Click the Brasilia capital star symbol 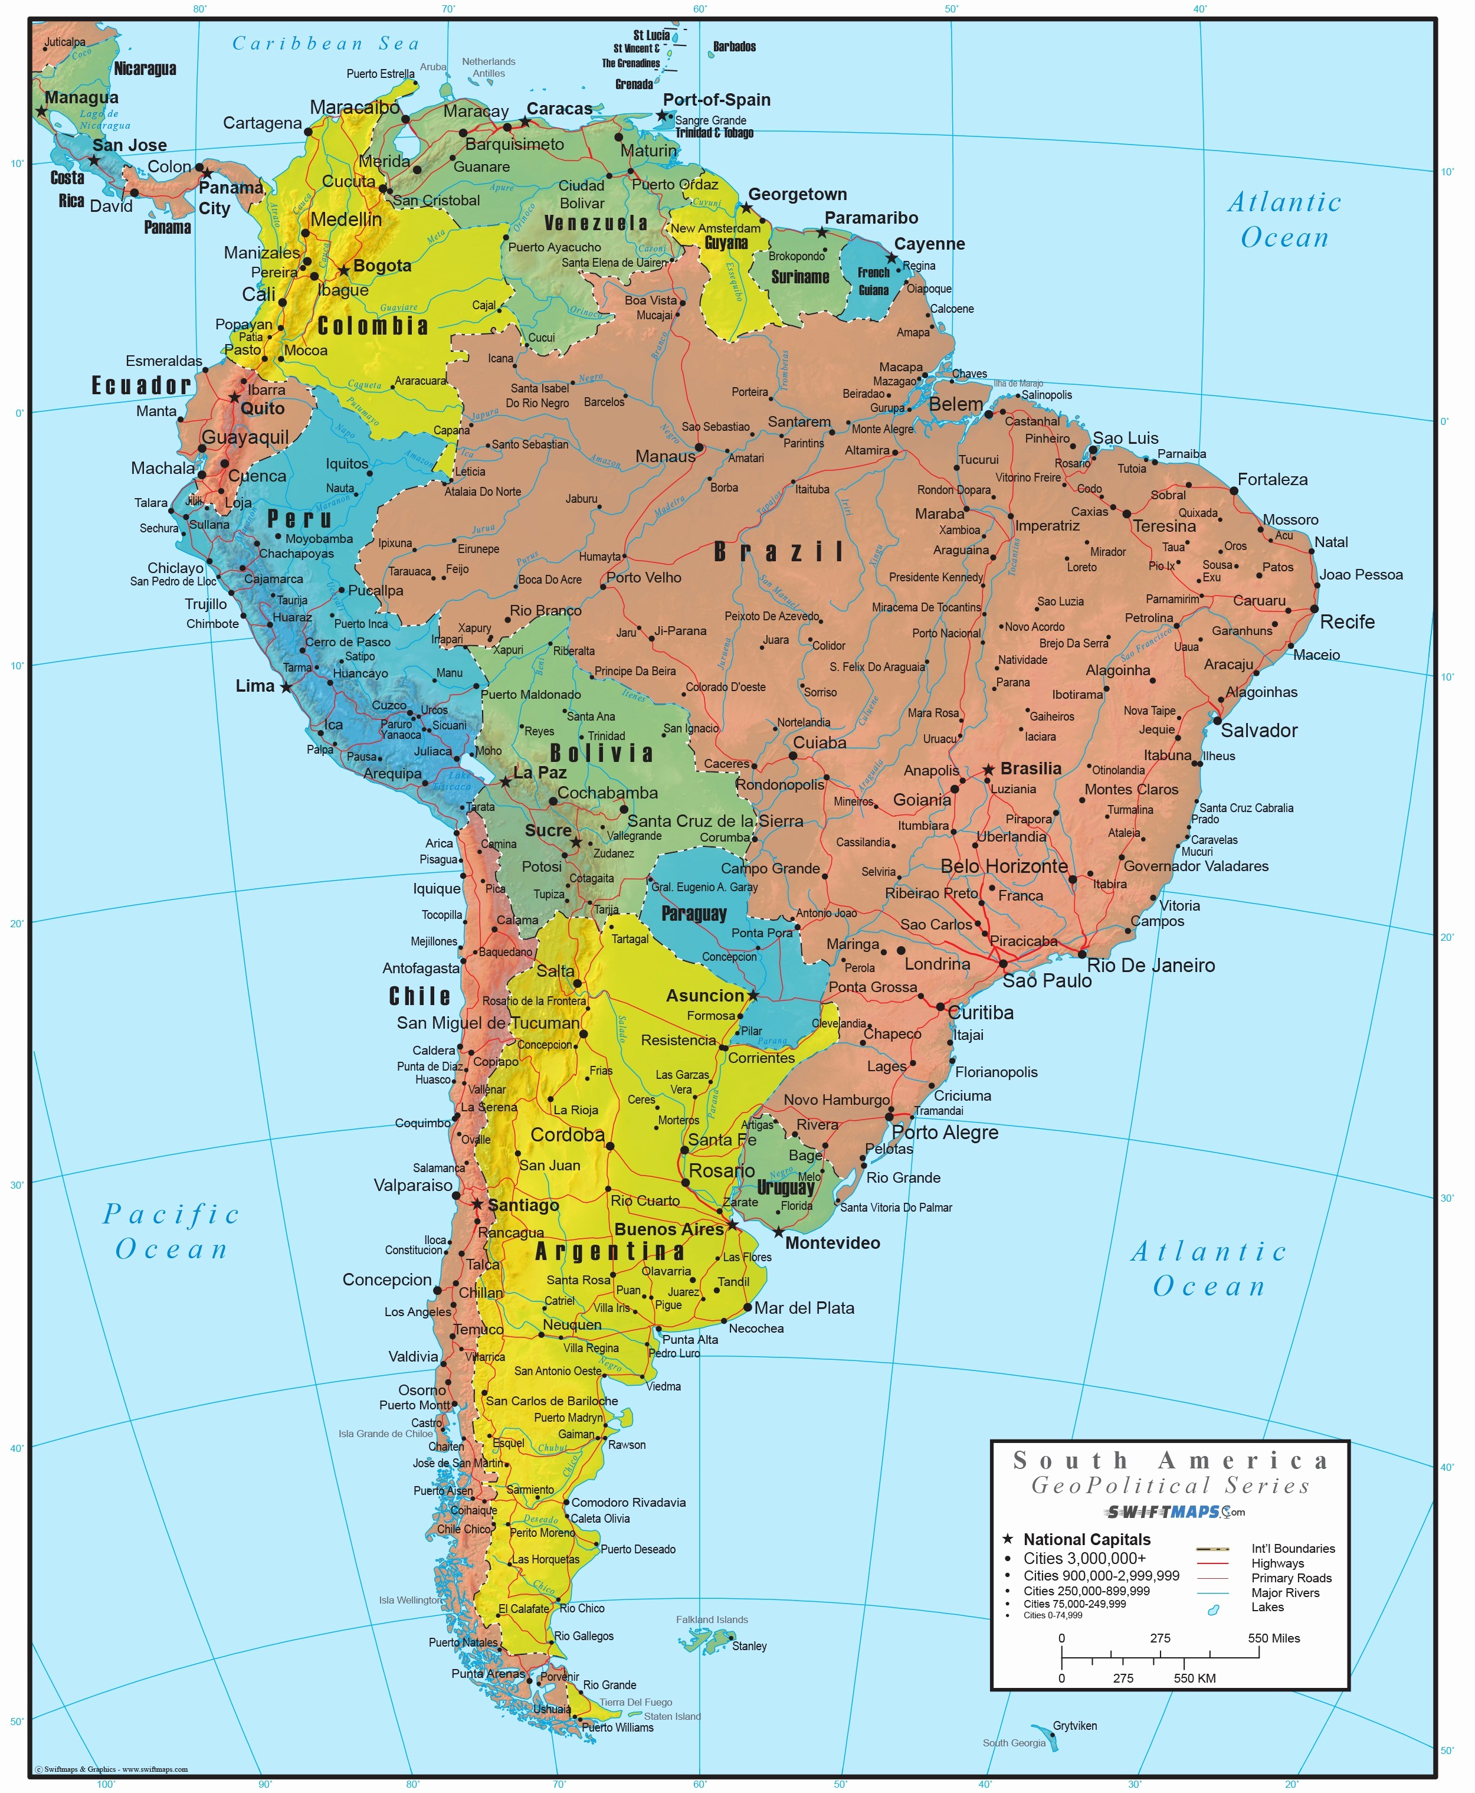988,770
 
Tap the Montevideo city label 832,1243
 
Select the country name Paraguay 694,914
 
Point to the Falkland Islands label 712,1619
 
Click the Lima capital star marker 286,686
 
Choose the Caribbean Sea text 326,43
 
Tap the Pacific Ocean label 172,1231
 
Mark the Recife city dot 1313,609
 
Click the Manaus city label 666,456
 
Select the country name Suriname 799,277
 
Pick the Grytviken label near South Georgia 1075,1726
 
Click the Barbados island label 734,47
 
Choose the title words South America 1170,1461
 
